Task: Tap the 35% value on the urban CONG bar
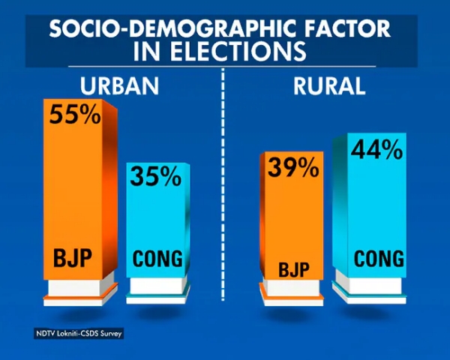click(x=156, y=176)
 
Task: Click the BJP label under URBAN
click(x=73, y=259)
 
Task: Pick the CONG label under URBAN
click(x=157, y=259)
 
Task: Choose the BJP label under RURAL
click(x=288, y=268)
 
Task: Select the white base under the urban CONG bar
click(x=158, y=287)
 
